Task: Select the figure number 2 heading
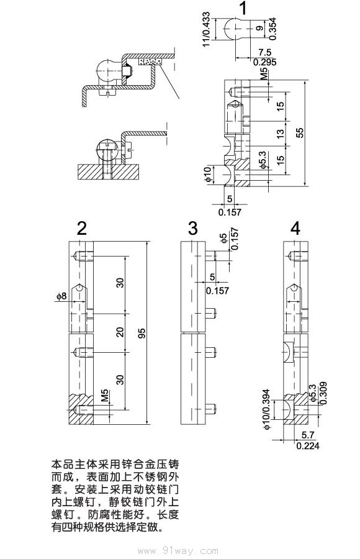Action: (x=81, y=228)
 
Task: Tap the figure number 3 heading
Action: (x=193, y=228)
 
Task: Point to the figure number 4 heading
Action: (x=295, y=228)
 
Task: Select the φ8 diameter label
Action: (x=61, y=297)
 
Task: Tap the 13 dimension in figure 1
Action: (x=280, y=134)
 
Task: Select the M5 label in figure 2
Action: (x=105, y=396)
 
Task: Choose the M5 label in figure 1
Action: (x=264, y=75)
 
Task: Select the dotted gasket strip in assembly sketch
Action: (x=150, y=62)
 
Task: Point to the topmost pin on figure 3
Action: (x=211, y=255)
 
